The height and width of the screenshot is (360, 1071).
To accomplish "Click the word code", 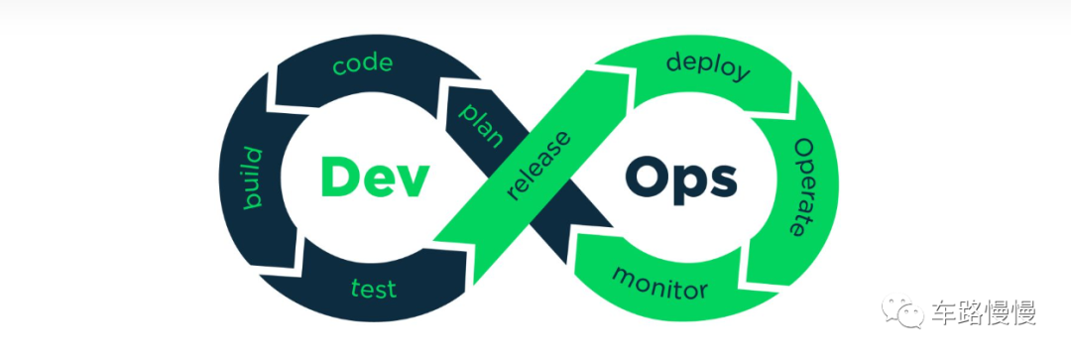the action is point(363,64).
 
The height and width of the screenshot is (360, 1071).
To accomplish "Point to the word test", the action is point(374,287).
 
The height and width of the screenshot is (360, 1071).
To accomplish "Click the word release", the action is point(538,166).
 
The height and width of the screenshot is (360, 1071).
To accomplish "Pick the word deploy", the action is point(708,67).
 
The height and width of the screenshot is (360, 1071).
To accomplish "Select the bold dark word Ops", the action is point(681,180).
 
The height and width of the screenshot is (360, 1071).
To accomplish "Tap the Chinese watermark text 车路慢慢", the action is point(985,312).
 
